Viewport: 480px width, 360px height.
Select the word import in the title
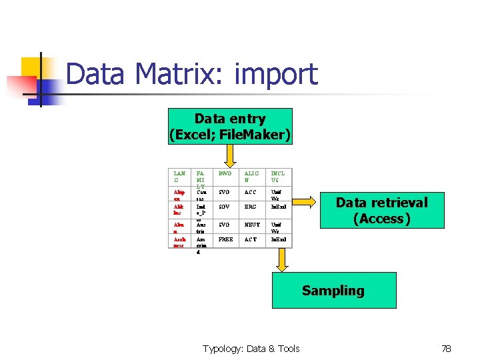tap(276, 74)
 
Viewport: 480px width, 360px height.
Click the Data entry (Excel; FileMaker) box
tap(230, 127)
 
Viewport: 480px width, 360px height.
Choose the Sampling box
tap(333, 291)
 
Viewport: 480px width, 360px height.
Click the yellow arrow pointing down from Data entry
tap(230, 155)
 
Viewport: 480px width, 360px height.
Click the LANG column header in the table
tap(179, 177)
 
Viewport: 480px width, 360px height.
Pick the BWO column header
tap(225, 174)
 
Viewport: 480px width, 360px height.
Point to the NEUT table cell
tap(251, 225)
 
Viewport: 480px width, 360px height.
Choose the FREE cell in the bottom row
tap(226, 239)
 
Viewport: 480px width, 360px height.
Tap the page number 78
tap(446, 348)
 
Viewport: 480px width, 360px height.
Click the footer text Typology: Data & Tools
tap(251, 348)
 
